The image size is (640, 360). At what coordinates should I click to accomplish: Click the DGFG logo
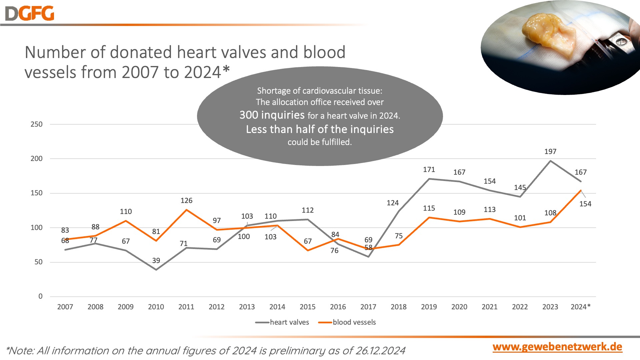(30, 14)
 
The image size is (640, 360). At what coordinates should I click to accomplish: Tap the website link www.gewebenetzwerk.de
(557, 347)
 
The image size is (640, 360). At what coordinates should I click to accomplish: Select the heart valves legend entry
(282, 322)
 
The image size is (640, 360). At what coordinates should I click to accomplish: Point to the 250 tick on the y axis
(37, 124)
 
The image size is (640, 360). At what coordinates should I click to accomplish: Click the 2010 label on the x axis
(156, 307)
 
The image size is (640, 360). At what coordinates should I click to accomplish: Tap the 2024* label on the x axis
(580, 307)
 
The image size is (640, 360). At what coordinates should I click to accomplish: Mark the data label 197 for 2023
(550, 152)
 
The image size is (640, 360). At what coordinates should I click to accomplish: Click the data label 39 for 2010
(156, 261)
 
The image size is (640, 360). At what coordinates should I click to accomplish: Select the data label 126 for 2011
(186, 201)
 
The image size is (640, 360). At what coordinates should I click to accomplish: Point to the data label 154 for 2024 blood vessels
(585, 204)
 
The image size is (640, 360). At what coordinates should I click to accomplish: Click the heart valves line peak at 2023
(550, 161)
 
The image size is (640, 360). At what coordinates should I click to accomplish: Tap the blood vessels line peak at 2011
(186, 210)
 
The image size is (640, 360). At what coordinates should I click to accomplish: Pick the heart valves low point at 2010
(156, 269)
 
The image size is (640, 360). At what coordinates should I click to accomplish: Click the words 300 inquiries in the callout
(272, 115)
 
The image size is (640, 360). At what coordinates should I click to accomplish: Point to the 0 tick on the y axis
(40, 296)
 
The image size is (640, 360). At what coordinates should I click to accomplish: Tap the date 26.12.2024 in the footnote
(380, 351)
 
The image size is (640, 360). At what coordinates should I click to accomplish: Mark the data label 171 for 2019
(429, 170)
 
